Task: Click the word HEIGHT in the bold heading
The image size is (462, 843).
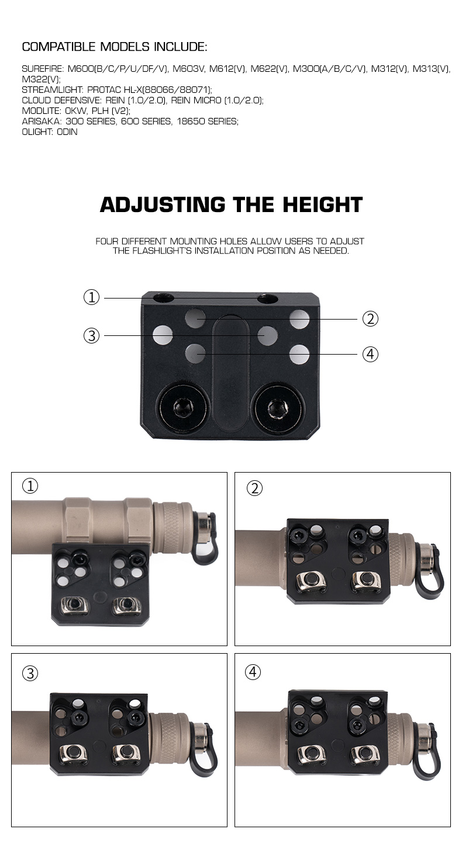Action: pos(323,204)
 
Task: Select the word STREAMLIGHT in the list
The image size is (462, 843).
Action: pos(51,90)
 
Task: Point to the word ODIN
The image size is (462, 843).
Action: pos(67,132)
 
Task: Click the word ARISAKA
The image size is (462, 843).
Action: pos(41,122)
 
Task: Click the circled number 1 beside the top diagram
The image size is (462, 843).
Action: pos(91,297)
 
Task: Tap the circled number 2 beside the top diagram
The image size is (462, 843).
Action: pos(370,319)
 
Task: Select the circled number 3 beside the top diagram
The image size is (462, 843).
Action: pos(91,336)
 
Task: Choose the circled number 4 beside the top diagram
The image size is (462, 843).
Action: pos(370,354)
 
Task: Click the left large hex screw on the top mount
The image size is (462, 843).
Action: pos(184,407)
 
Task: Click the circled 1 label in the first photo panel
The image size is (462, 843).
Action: pos(30,486)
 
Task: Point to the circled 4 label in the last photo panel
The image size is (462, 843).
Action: pos(253,672)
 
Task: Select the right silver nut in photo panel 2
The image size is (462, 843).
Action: pos(366,580)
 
